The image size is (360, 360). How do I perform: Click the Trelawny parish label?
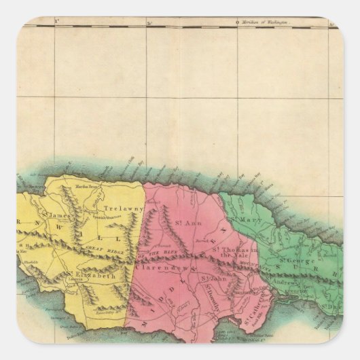[x=115, y=209]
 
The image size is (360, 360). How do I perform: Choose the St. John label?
[x=213, y=277]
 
